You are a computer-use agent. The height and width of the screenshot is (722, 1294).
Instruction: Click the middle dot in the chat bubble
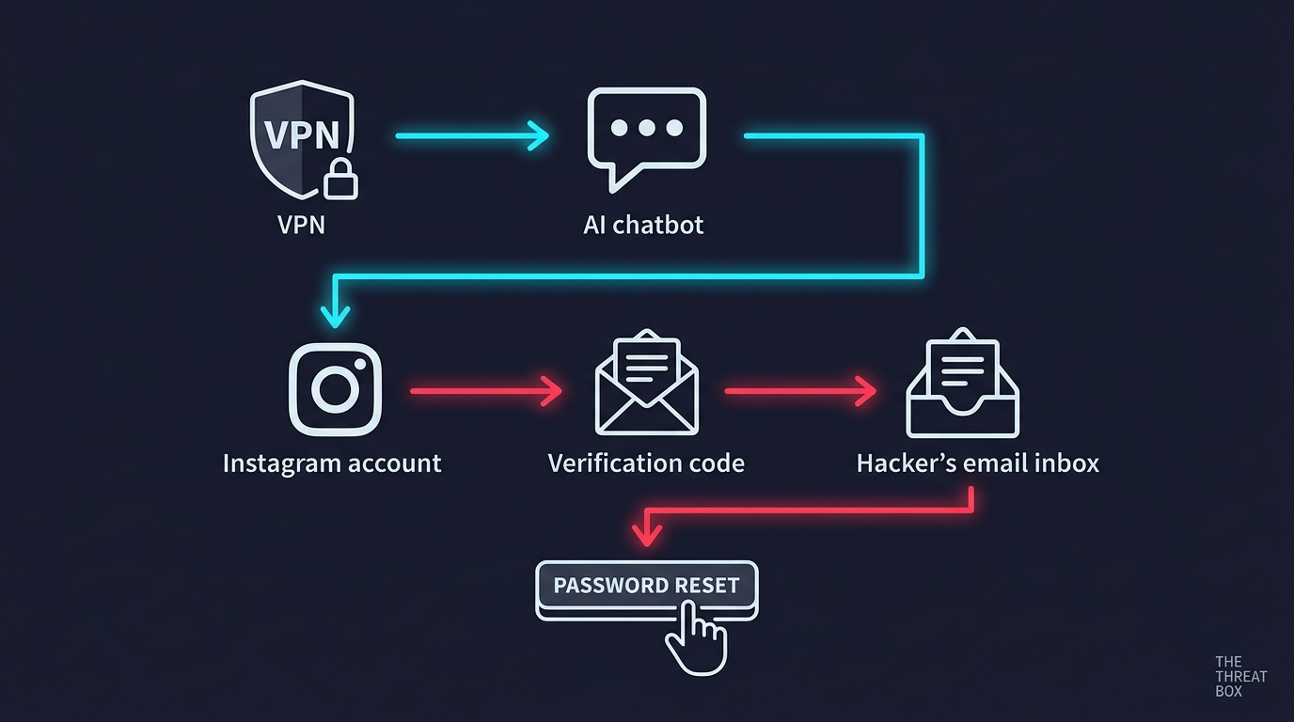point(646,128)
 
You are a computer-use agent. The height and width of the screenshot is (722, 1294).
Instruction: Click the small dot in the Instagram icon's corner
point(360,365)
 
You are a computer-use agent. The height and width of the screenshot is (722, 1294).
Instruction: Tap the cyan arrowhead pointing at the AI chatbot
point(539,135)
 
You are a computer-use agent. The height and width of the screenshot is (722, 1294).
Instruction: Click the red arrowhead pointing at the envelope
point(552,391)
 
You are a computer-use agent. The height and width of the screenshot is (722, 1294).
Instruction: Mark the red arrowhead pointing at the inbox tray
point(866,391)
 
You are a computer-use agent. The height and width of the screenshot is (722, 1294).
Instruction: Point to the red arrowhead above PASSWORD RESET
point(646,535)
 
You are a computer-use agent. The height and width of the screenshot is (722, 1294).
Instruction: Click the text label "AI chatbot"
point(643,225)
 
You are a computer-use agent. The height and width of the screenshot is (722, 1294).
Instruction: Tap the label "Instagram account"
point(332,463)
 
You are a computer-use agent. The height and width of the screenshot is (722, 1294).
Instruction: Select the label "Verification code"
point(646,463)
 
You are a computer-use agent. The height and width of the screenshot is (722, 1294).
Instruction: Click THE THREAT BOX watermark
point(1240,676)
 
